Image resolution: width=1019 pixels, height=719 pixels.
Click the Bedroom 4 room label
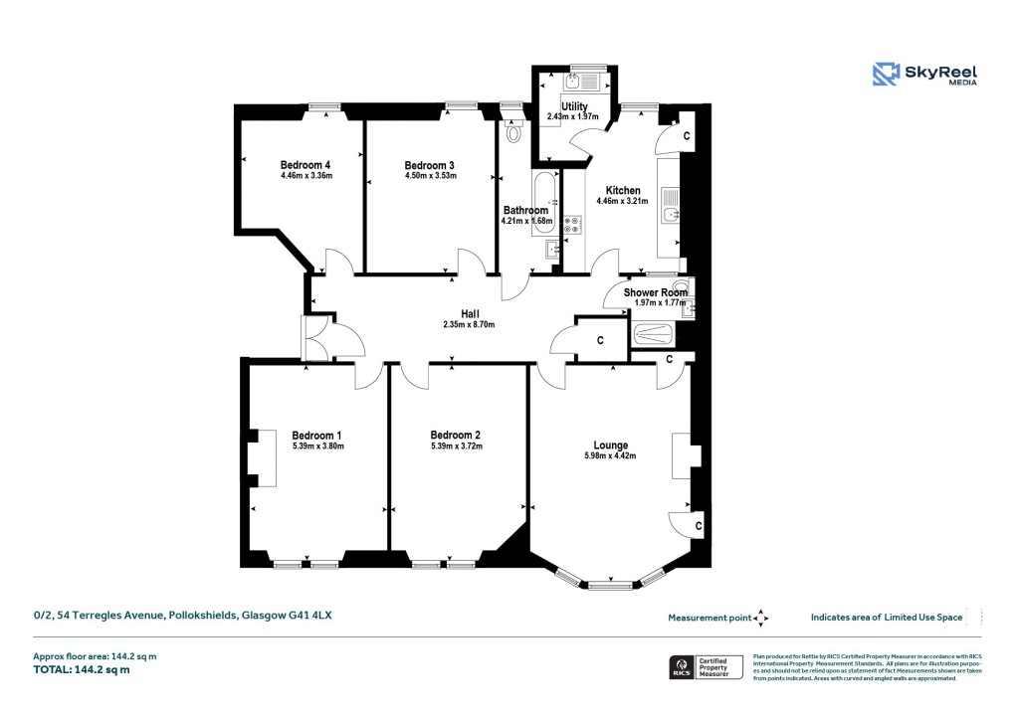(x=305, y=165)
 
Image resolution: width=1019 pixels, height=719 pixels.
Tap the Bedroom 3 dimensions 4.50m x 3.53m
(x=430, y=177)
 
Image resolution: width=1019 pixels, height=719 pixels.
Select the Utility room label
(x=574, y=106)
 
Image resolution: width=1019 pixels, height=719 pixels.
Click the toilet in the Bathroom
(x=513, y=130)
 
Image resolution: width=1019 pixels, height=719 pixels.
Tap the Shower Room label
(x=655, y=292)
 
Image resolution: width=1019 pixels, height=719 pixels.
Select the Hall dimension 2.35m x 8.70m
(x=469, y=324)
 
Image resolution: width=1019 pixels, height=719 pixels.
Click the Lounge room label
(x=610, y=445)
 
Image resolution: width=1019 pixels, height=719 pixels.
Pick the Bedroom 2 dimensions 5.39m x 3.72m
(x=456, y=447)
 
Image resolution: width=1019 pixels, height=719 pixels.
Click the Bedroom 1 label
(x=316, y=435)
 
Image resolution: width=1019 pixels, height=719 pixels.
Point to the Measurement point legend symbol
(x=761, y=618)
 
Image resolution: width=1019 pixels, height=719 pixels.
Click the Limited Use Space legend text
(x=887, y=618)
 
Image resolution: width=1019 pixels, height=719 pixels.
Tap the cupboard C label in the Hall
(x=600, y=341)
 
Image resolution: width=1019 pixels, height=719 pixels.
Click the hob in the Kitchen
(x=573, y=225)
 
